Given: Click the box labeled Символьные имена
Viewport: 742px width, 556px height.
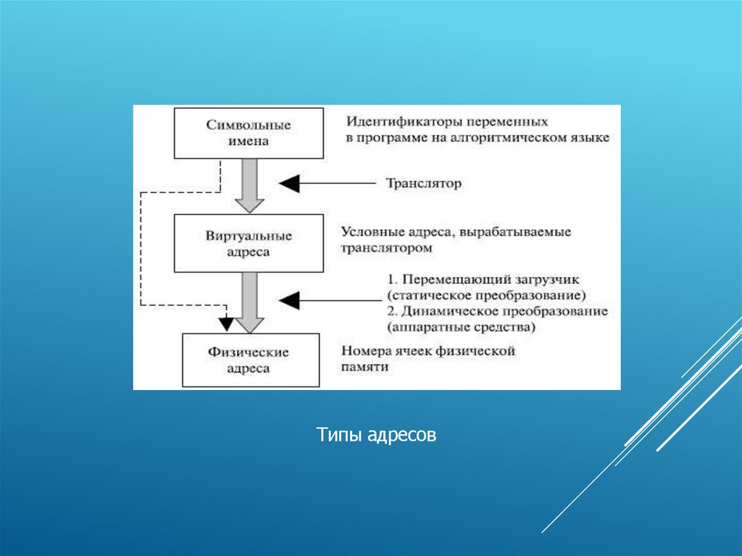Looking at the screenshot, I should [x=248, y=133].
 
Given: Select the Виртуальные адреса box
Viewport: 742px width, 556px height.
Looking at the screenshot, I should [x=248, y=244].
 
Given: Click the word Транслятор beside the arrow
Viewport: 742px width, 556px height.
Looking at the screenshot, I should [x=423, y=184].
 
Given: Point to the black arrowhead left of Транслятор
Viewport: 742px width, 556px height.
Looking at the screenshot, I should [x=289, y=184].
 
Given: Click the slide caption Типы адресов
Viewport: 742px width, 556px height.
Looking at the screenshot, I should [x=376, y=436].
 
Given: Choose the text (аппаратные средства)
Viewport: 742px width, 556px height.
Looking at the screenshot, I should [x=461, y=327].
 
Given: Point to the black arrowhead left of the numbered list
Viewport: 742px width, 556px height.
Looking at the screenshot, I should [x=289, y=300].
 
